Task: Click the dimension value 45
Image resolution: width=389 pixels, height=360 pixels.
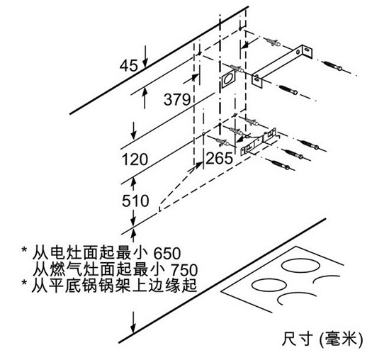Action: pos(128,66)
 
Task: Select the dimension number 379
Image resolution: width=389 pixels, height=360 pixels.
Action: pos(177,99)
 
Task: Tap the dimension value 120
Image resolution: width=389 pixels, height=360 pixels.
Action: pos(135,159)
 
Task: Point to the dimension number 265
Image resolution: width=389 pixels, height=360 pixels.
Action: pos(220,158)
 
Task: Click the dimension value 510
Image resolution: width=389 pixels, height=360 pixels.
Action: pos(135,201)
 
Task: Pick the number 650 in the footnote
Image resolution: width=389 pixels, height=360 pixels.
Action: pos(167,253)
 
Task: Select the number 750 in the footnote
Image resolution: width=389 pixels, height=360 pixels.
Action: pos(184,270)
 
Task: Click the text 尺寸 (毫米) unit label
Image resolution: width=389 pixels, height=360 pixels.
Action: pos(322,339)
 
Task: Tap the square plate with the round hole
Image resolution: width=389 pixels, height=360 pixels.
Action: pos(228,79)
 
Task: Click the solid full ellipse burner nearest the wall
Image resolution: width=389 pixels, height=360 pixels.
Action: pos(300,266)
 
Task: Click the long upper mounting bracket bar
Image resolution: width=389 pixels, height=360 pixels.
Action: pos(282,66)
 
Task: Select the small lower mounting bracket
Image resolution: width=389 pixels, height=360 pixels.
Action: pos(259,142)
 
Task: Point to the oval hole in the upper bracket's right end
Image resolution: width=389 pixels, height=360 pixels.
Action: pos(307,50)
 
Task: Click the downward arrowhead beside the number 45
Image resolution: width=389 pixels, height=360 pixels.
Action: pos(145,64)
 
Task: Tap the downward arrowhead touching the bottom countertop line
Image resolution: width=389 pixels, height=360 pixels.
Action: pos(133,328)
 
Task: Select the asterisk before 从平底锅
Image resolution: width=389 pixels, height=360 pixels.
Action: pos(24,283)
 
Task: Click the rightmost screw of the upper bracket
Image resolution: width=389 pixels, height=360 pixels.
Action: pos(333,66)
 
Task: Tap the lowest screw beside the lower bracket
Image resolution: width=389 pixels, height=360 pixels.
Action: pos(281,164)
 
